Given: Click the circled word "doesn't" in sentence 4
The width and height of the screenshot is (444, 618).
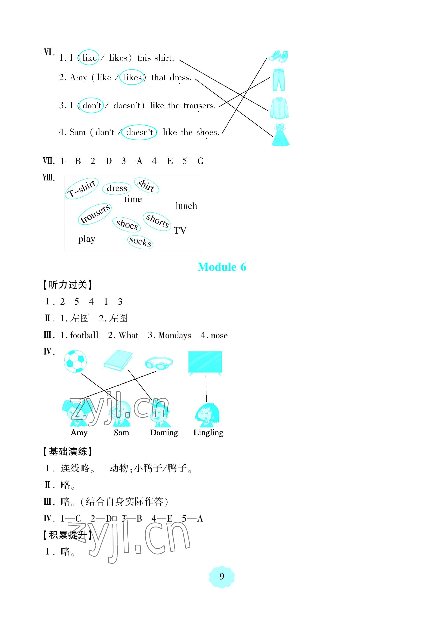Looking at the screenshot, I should coord(139,132).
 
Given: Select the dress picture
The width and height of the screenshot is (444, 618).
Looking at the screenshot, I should coord(280,135).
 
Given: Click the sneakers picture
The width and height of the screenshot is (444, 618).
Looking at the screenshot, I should coord(278,56).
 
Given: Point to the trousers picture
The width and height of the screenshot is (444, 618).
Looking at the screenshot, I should coord(279,80).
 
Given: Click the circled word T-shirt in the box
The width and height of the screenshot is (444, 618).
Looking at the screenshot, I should coord(82,188).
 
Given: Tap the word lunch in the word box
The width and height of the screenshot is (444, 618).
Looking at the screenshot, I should coord(186,206).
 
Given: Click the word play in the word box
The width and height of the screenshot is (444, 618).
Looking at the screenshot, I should coord(86,239).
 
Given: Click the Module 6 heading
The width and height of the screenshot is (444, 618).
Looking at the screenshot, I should coord(222,267).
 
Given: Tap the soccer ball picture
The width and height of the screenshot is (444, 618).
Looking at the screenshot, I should coord(75,361).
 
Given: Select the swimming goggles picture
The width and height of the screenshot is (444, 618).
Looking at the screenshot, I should coord(159,363).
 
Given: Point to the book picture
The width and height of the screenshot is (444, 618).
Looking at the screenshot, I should coord(118,360).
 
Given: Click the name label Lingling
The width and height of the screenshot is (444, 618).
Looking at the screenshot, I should coord(208,432).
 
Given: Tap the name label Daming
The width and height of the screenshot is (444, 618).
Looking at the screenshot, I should coord(164,432).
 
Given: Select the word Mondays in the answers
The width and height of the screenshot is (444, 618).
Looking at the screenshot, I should coord(174,335).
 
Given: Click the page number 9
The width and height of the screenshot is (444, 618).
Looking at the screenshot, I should coord(222,576).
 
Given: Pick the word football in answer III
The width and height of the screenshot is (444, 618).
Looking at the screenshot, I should coord(84,335).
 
